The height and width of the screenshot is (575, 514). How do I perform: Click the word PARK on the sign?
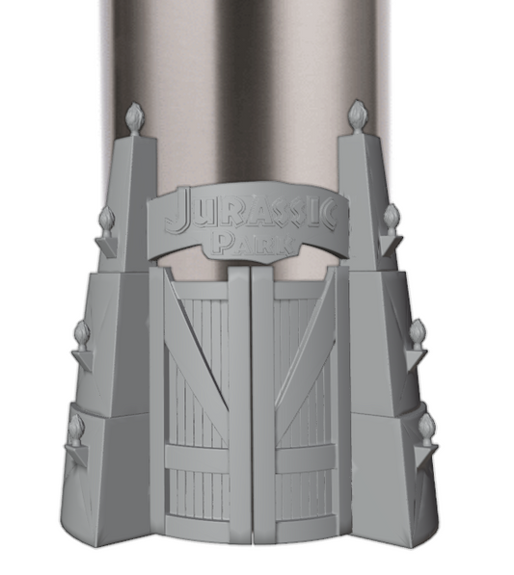(254, 244)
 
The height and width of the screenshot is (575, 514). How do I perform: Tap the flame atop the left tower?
(134, 115)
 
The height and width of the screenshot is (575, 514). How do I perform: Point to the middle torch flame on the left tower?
(82, 332)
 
